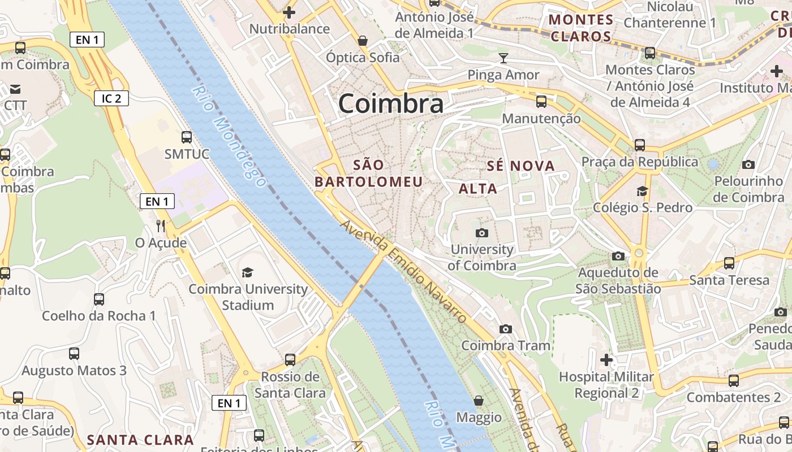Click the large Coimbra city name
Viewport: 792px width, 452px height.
pos(391,104)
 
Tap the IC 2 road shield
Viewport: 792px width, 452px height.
pos(111,98)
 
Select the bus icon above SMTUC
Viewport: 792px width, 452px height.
pos(186,137)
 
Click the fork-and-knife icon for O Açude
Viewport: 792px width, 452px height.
pos(161,226)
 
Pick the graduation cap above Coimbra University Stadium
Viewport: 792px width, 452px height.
pos(248,273)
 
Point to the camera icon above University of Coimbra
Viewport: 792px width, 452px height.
pos(481,233)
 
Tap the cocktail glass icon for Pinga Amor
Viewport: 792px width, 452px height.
pos(503,58)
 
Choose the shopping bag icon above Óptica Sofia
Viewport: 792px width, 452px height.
pos(362,41)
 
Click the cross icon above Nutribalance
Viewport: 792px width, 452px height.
pos(289,12)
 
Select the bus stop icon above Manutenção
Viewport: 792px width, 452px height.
pos(541,102)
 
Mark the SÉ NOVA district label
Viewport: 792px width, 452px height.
pos(521,166)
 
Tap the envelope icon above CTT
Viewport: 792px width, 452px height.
pos(15,89)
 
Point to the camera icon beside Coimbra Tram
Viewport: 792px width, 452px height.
pos(505,329)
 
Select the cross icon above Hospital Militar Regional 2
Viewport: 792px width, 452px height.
pos(606,359)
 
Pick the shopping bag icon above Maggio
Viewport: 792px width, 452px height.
pos(479,401)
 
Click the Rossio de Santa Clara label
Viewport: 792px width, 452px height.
pos(290,385)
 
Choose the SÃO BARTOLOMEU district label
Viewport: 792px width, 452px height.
pos(369,173)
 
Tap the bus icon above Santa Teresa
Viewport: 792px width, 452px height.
pos(729,263)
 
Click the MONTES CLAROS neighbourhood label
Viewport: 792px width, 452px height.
pos(580,28)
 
